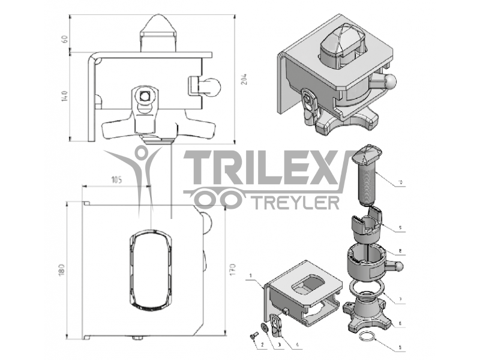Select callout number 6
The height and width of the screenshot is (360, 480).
click(x=401, y=324)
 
